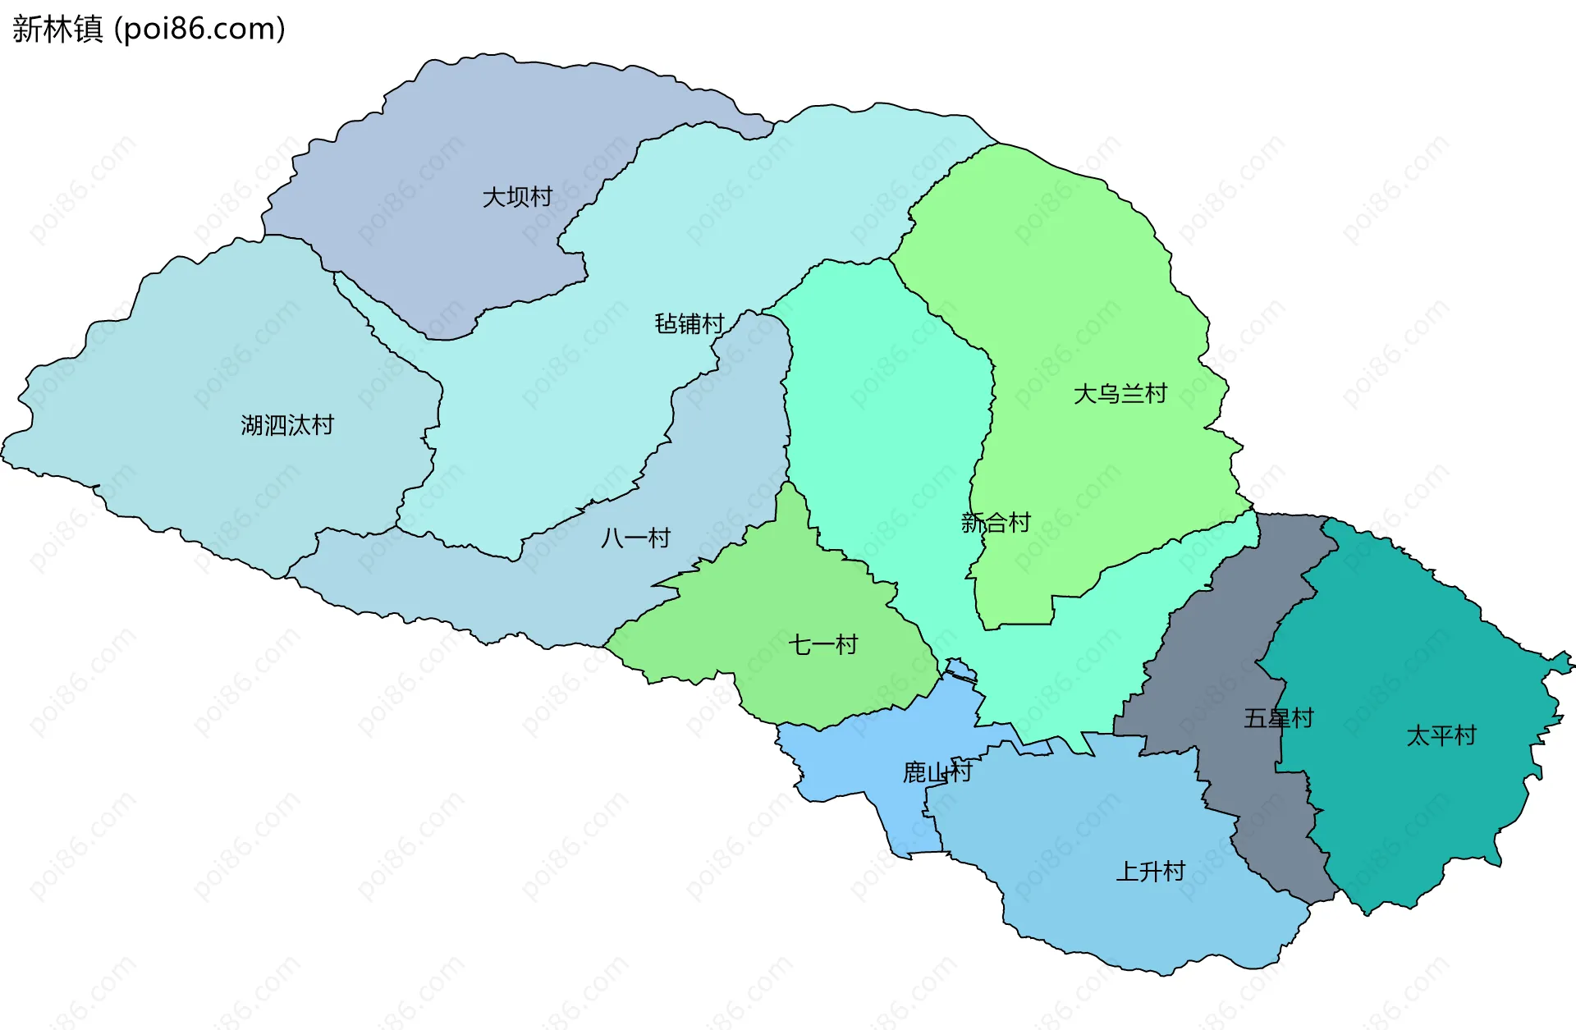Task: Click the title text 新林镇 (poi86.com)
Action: (x=149, y=29)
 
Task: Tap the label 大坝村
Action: (x=517, y=197)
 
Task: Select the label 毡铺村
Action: (x=689, y=324)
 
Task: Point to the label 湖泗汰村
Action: (x=287, y=425)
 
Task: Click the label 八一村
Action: (x=636, y=538)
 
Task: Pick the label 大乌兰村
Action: (x=1120, y=394)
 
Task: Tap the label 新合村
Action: (x=995, y=523)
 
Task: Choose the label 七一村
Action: (x=822, y=645)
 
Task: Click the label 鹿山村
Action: (x=937, y=772)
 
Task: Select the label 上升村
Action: (x=1150, y=872)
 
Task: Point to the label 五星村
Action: (x=1278, y=719)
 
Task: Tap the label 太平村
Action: (x=1441, y=735)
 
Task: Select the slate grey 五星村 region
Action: (x=1215, y=657)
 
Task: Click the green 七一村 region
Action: (x=788, y=591)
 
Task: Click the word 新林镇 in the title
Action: (x=57, y=29)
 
